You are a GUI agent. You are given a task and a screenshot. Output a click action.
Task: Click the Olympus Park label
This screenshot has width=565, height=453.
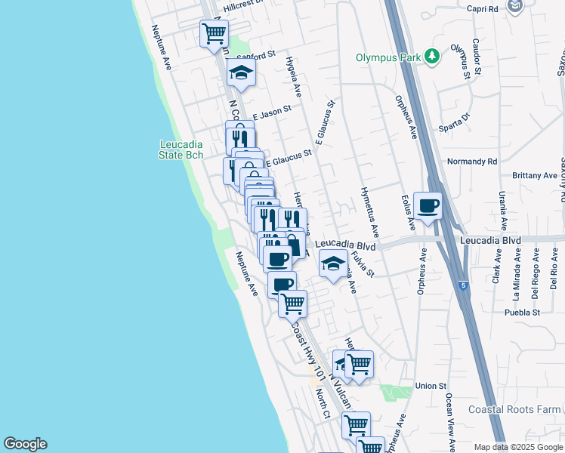(389, 57)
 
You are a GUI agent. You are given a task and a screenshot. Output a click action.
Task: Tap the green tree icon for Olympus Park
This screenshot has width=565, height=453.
(431, 56)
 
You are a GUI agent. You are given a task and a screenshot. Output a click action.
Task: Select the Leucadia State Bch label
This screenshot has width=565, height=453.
(181, 149)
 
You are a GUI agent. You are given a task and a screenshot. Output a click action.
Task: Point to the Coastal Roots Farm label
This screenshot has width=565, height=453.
(514, 409)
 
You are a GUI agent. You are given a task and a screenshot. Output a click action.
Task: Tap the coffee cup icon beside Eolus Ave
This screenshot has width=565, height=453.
(428, 206)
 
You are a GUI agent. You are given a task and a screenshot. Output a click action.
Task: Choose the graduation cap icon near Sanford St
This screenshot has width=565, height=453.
(241, 72)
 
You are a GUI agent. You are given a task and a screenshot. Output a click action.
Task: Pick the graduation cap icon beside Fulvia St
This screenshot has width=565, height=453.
(332, 263)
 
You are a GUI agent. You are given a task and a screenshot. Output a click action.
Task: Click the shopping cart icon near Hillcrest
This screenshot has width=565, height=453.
(214, 33)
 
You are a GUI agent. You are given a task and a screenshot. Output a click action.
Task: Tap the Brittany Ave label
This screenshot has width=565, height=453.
(535, 175)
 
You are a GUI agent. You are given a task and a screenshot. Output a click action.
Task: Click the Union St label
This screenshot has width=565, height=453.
(431, 386)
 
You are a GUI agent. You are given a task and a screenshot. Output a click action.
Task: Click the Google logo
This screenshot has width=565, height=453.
(25, 444)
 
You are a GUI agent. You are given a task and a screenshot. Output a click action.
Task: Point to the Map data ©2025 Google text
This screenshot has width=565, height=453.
(518, 447)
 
